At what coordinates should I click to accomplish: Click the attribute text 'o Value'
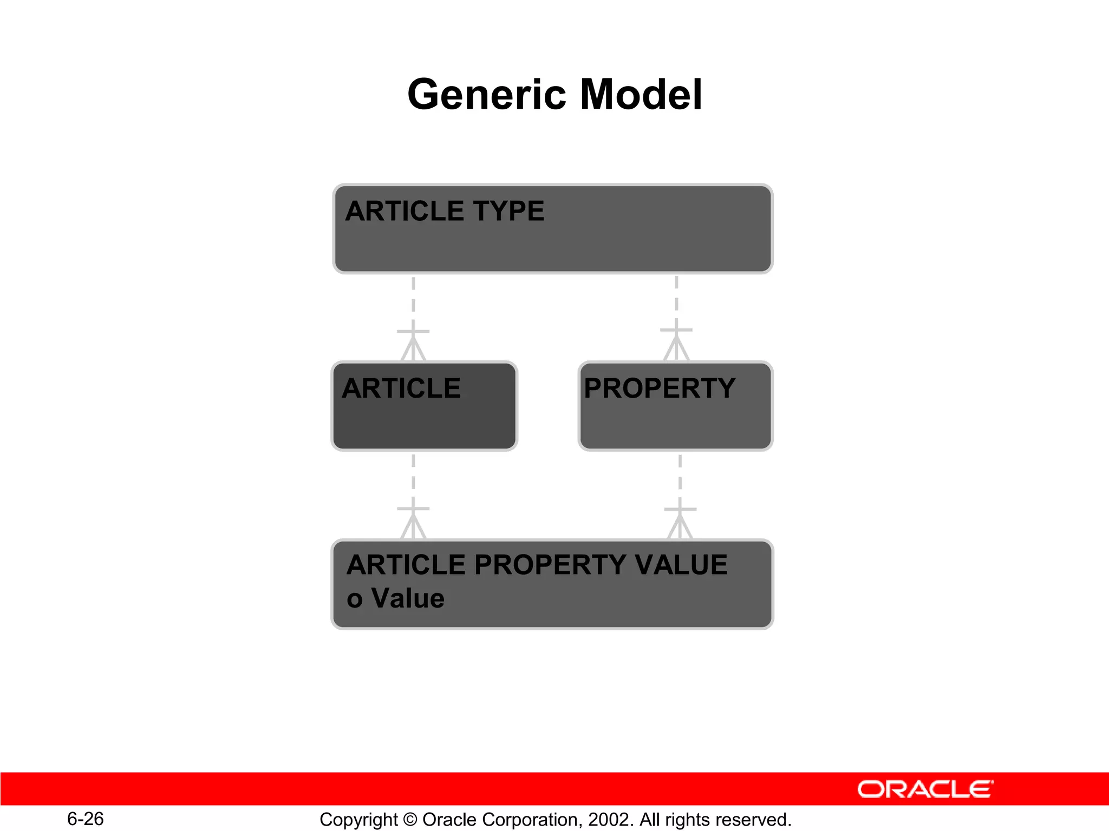pyautogui.click(x=395, y=599)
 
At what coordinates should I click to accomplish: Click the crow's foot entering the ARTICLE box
pyautogui.click(x=413, y=346)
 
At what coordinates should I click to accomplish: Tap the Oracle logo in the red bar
pyautogui.click(x=925, y=789)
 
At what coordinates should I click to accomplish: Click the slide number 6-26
pyautogui.click(x=86, y=819)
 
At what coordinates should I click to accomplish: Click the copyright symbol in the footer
pyautogui.click(x=410, y=820)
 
